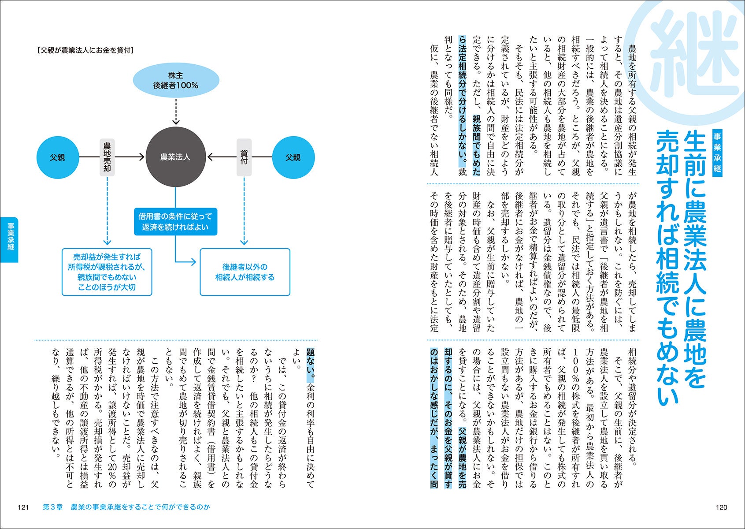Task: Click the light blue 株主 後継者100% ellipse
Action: pos(176,80)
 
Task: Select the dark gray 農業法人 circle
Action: pos(176,157)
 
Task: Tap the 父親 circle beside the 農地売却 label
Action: pos(58,157)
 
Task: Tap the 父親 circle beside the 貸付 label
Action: pos(293,157)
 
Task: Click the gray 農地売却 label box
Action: pos(107,157)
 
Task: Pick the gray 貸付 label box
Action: pos(244,157)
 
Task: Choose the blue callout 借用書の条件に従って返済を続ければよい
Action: pos(176,222)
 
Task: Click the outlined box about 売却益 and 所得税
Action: pos(107,272)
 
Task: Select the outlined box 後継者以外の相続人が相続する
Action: pos(245,272)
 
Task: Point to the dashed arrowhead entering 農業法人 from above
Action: pos(176,121)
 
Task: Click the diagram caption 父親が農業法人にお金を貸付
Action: pos(86,50)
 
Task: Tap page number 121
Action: pos(23,507)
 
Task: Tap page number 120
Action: pos(721,507)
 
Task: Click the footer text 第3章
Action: pos(52,507)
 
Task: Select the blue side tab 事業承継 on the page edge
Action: pos(9,240)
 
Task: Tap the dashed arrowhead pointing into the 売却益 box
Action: pos(107,242)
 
